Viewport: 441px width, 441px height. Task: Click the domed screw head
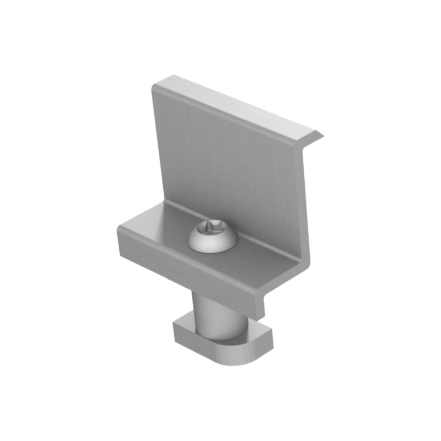[x=213, y=239]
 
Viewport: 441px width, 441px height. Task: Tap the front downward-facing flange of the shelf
[x=187, y=265]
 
